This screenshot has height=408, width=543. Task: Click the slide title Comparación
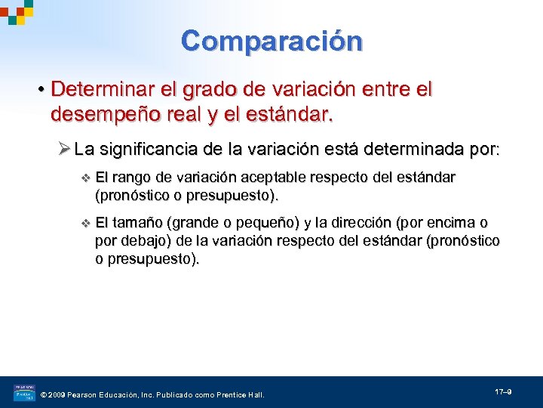tap(271, 40)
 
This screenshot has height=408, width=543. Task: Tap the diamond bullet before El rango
tap(84, 178)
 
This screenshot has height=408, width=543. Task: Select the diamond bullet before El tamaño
tap(84, 224)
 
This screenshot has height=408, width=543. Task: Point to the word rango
tap(133, 178)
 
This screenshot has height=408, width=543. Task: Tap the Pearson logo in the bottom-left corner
tap(23, 392)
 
